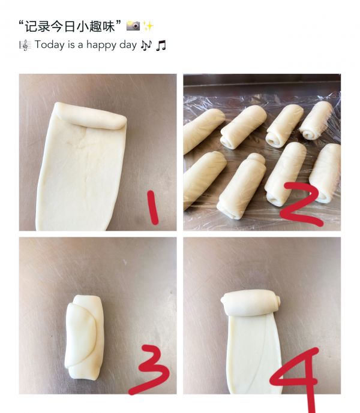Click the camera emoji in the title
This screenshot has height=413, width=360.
tap(133, 26)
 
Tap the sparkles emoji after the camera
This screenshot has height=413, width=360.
tap(148, 26)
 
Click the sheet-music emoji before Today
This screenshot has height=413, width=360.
tap(25, 45)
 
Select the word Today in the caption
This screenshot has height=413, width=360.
tap(49, 45)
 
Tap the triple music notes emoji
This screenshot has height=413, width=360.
tap(146, 45)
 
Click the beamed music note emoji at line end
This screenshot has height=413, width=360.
tap(161, 45)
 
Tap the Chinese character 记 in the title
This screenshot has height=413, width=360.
tap(31, 26)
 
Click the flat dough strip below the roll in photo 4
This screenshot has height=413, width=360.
tap(252, 354)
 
